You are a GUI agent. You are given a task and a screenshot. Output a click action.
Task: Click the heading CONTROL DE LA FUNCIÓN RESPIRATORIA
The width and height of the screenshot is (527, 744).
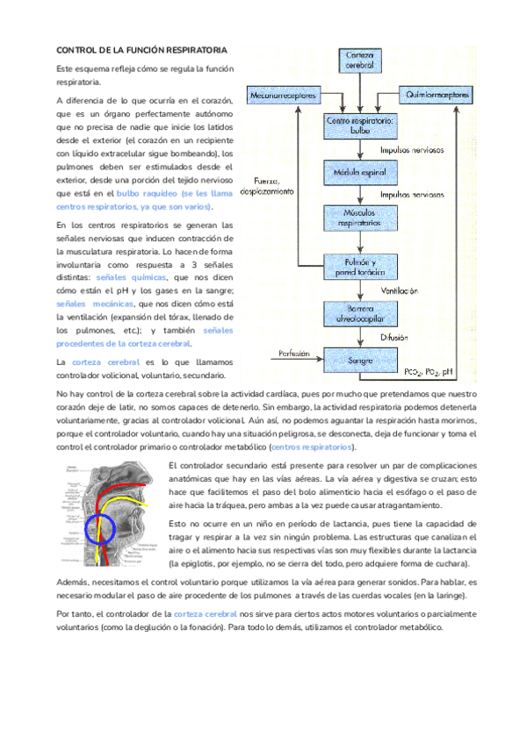(x=141, y=52)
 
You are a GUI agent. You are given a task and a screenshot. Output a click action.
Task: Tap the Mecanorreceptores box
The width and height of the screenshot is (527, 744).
(x=280, y=94)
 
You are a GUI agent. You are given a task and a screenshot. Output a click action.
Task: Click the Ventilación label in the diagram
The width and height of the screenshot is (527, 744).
(x=399, y=290)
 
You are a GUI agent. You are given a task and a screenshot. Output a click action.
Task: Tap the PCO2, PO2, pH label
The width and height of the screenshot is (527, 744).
(x=428, y=372)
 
